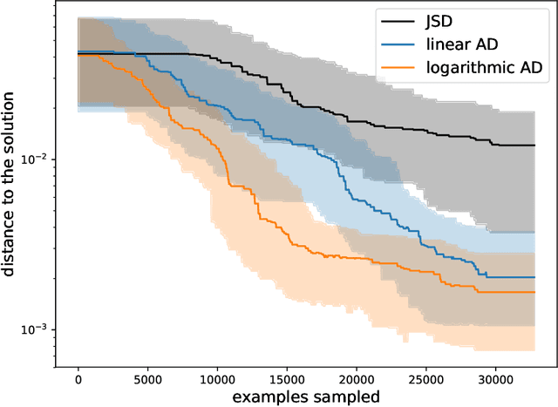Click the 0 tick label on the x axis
(78, 379)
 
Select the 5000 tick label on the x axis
(147, 379)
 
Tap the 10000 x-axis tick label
(217, 379)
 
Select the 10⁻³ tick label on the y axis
(43, 329)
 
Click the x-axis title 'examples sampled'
(306, 397)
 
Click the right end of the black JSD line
(534, 146)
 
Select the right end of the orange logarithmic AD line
(534, 292)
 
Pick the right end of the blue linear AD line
(534, 277)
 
